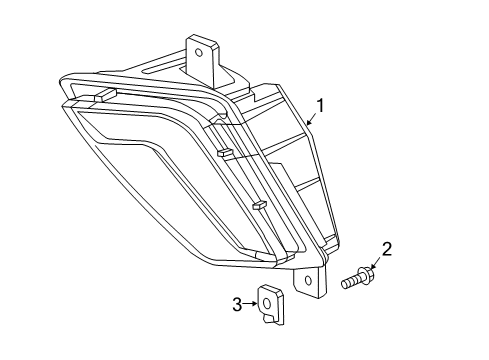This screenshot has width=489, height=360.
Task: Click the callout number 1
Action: coord(320,105)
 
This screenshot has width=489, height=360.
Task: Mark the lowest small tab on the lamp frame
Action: coord(259,207)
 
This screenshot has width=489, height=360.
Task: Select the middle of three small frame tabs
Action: coord(226,154)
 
